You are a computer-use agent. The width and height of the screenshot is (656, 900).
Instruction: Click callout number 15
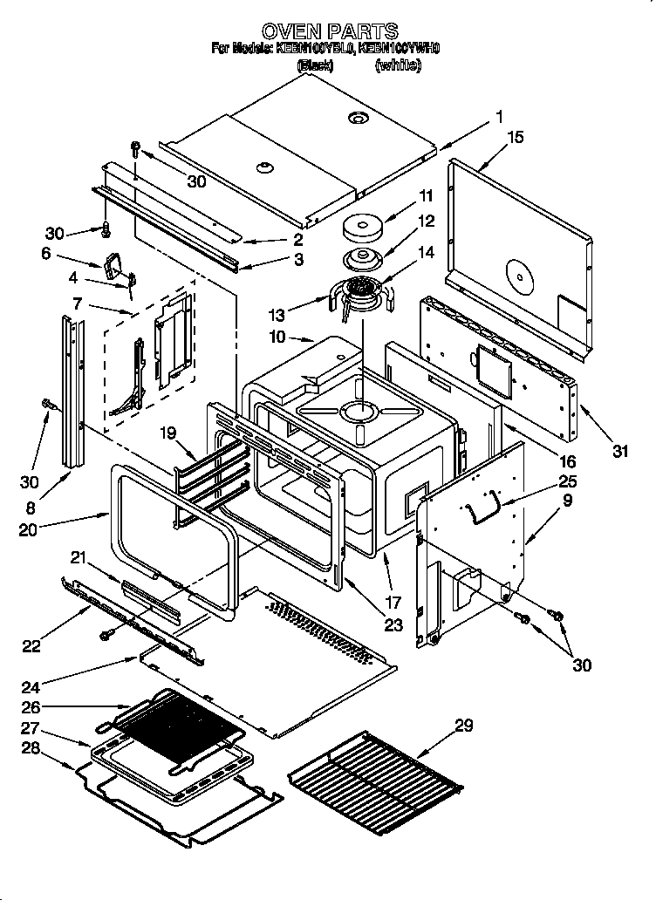tap(516, 137)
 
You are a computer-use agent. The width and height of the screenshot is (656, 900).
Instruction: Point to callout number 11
tap(426, 195)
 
